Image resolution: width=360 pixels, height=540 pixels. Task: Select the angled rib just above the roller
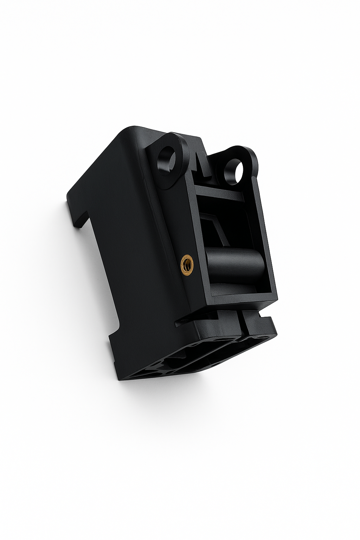point(218,229)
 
